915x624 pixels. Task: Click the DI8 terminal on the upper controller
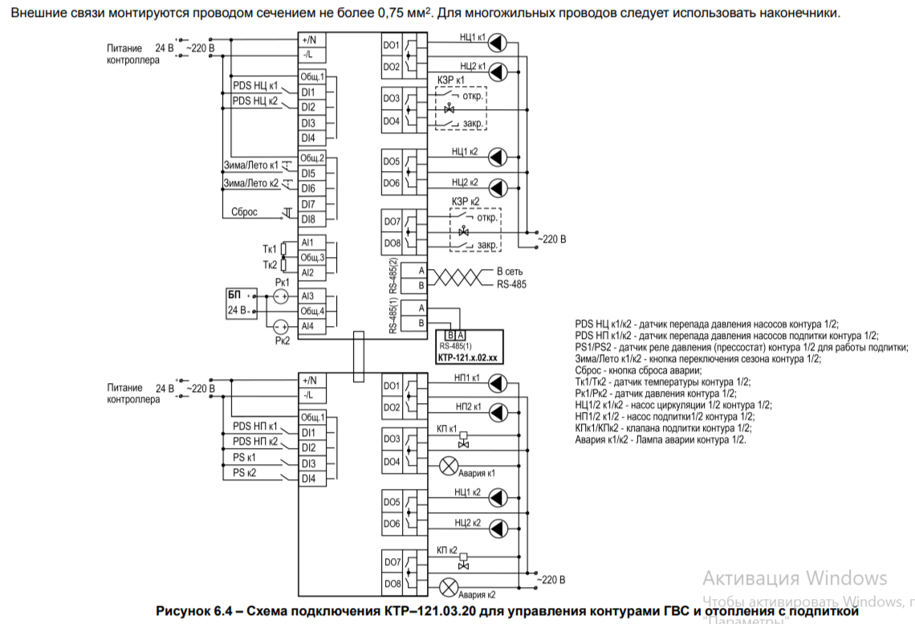(308, 219)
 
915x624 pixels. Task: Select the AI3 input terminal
(308, 296)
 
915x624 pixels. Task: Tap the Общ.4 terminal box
(311, 311)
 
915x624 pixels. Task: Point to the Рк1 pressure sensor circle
(281, 296)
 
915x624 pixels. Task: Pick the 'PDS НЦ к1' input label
(254, 86)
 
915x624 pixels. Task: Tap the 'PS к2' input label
(244, 472)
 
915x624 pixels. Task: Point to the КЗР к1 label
(452, 81)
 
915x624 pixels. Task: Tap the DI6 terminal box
(308, 188)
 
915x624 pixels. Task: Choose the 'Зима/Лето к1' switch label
(250, 165)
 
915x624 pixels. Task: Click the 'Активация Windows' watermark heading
(795, 578)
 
